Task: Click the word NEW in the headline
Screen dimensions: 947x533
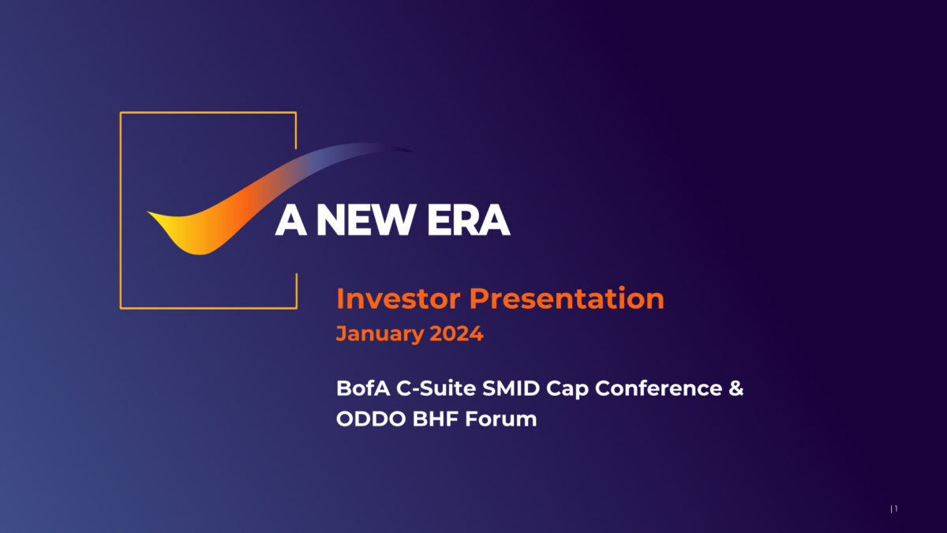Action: click(365, 220)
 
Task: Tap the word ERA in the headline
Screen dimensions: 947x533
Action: click(469, 220)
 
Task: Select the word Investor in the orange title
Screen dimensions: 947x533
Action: click(399, 298)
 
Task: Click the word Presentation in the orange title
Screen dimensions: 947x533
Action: click(567, 298)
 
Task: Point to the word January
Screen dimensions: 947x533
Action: click(380, 334)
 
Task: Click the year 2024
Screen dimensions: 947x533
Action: click(457, 333)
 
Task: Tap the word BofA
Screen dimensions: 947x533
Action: click(363, 388)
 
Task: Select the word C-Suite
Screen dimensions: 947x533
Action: click(436, 388)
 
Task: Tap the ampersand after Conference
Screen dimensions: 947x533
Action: click(736, 388)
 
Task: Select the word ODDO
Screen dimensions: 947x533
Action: click(371, 419)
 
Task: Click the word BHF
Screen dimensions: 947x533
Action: click(436, 419)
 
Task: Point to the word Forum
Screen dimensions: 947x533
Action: click(501, 419)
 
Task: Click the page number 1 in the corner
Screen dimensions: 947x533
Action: click(896, 508)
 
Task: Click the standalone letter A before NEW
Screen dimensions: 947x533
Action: click(291, 220)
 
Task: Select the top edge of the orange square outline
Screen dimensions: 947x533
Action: click(208, 112)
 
